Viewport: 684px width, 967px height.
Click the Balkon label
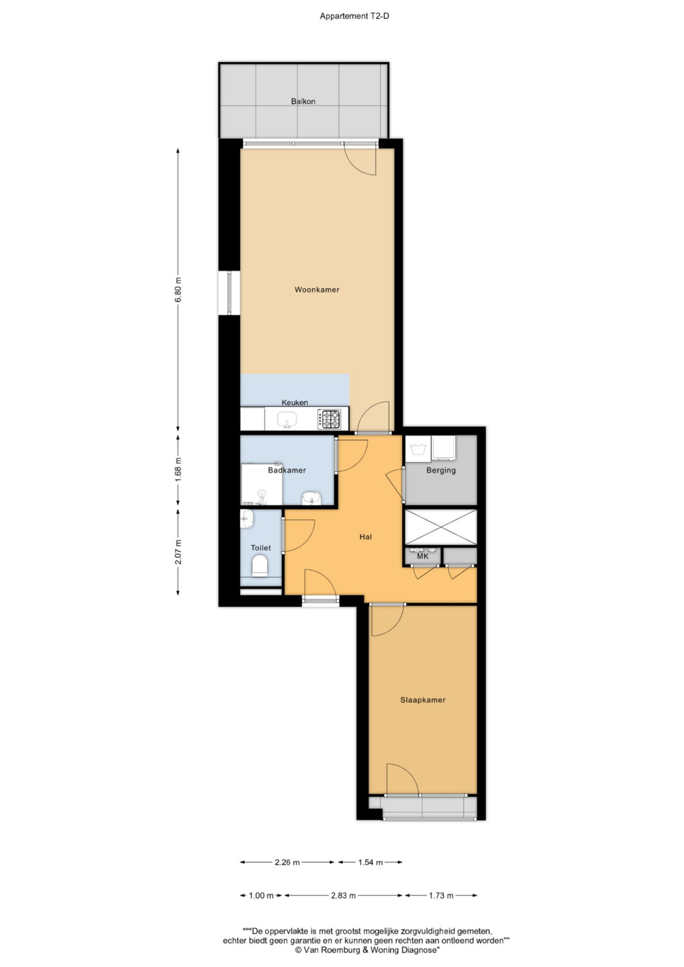coord(303,102)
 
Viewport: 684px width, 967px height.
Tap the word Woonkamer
coord(317,290)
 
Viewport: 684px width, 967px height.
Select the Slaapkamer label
coord(422,700)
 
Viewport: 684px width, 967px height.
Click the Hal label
coord(365,537)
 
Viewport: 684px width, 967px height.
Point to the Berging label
coord(441,470)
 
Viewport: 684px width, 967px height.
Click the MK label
coord(422,556)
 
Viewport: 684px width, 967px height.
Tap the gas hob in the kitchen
coord(329,419)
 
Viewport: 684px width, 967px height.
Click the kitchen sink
coord(287,419)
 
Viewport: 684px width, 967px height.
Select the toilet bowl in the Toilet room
coord(260,565)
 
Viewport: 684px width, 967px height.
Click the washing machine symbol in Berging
coord(418,449)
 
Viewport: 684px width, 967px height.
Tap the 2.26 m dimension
coord(287,862)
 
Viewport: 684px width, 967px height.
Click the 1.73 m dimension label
coord(441,895)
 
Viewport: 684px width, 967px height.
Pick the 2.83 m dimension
coord(343,895)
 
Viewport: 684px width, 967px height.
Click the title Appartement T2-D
coord(354,16)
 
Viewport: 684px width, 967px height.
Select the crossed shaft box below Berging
coord(440,527)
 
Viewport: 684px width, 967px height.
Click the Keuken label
coord(295,402)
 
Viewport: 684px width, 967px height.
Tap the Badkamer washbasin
coord(311,499)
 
